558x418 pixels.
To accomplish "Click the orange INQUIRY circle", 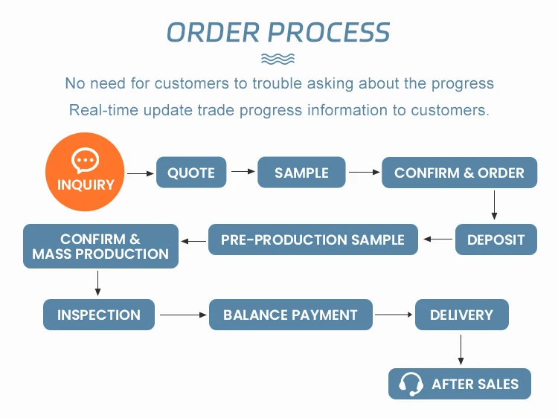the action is (x=85, y=172).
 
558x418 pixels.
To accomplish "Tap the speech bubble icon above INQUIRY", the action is (x=85, y=160).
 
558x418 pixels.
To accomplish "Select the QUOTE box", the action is (x=191, y=172).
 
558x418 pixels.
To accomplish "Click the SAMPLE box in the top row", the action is (x=301, y=172).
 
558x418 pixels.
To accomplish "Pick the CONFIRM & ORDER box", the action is (x=460, y=173).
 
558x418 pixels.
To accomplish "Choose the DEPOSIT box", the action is (x=496, y=239).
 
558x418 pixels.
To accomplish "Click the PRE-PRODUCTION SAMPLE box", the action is (x=313, y=239).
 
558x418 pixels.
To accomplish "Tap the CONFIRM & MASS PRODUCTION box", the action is (x=100, y=246).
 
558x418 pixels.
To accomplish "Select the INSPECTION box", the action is (x=99, y=315).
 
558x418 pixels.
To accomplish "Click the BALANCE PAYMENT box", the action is (x=291, y=315).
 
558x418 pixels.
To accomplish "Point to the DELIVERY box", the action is (x=462, y=315).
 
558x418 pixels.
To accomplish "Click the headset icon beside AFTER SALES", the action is (x=411, y=384).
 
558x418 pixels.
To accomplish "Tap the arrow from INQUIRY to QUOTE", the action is (x=141, y=173).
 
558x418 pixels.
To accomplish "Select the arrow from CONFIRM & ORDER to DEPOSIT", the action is (x=494, y=205).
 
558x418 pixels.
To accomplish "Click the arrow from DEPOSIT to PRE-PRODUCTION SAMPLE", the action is (x=438, y=239).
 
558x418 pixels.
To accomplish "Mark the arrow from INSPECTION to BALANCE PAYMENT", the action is (x=183, y=315).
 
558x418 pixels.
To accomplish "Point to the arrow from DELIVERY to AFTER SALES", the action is (x=461, y=350).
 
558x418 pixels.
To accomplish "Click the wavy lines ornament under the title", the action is (x=278, y=59).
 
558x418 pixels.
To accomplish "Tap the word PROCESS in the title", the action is (x=328, y=33).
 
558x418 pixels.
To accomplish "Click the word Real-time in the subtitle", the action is (x=103, y=110).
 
